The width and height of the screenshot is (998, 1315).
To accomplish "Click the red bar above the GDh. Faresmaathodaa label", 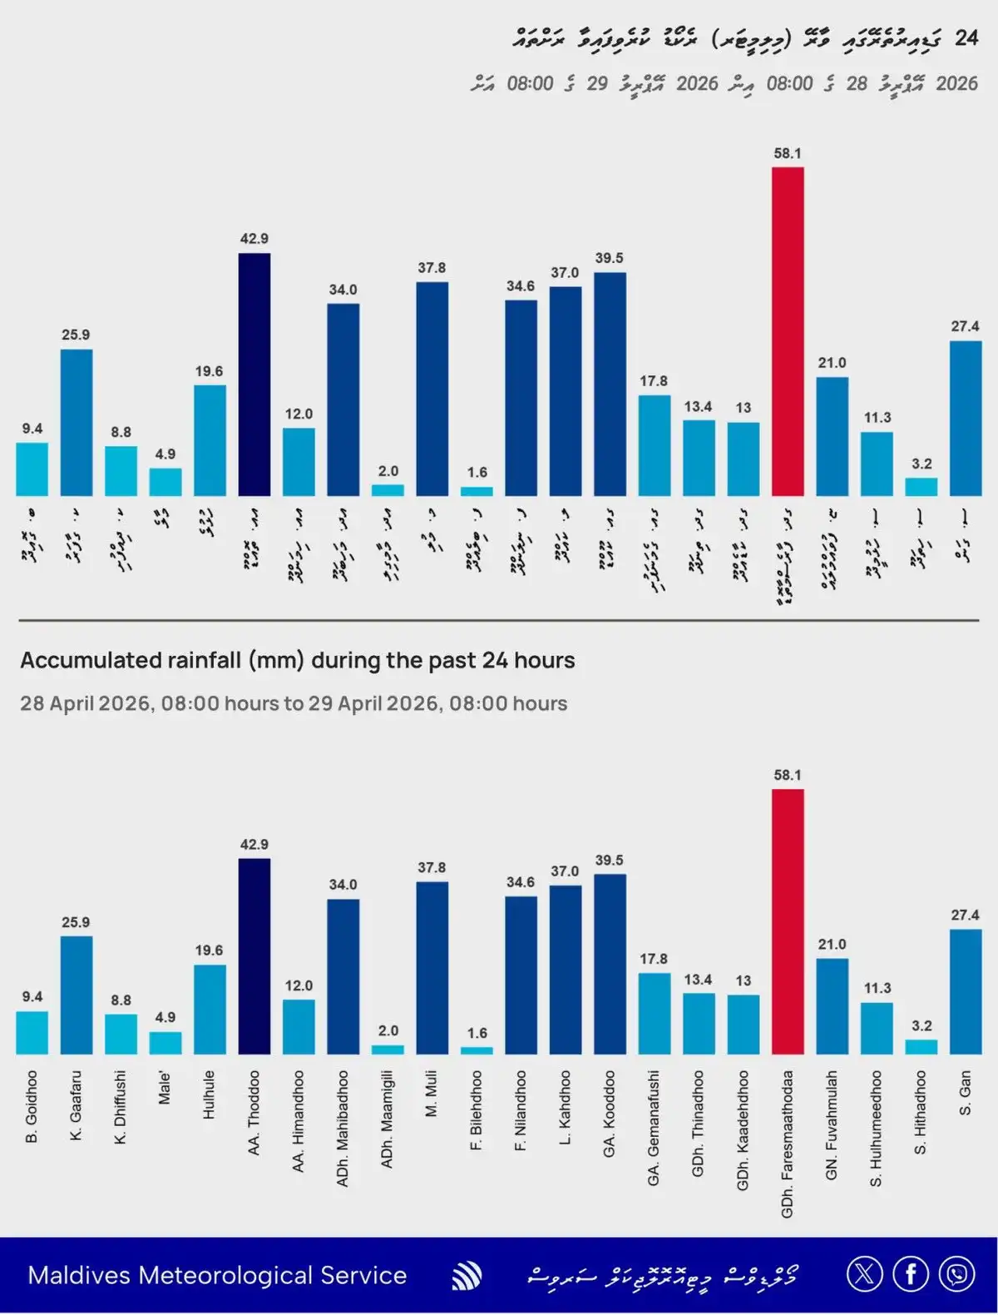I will click(x=788, y=921).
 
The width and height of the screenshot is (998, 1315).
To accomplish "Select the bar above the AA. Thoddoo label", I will click(x=254, y=956).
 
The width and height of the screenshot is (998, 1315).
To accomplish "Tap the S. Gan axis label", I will click(x=965, y=1093).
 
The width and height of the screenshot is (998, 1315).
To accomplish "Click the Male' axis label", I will click(x=165, y=1089).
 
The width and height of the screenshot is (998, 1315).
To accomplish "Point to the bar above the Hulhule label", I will click(x=210, y=1010).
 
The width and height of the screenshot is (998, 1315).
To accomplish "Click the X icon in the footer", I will click(x=864, y=1274).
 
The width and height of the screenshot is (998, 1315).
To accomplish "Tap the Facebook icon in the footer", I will click(x=911, y=1274).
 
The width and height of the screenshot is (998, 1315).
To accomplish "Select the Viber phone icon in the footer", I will click(x=957, y=1274).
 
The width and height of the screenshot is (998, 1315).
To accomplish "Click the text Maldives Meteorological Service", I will click(x=217, y=1275).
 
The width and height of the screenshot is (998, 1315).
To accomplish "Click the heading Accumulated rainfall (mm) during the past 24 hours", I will click(x=298, y=661).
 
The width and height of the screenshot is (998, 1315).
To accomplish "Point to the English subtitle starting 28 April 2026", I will click(x=294, y=703).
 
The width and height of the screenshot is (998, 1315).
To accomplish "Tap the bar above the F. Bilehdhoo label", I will click(x=477, y=1050).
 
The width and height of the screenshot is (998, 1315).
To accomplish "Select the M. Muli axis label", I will click(x=432, y=1094).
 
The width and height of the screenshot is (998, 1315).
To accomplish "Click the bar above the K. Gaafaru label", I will click(x=77, y=995).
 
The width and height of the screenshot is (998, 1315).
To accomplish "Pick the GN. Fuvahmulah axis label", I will click(x=832, y=1124).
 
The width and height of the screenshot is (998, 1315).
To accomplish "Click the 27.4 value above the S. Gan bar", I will click(x=965, y=915).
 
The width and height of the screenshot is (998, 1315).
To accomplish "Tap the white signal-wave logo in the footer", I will click(x=467, y=1275).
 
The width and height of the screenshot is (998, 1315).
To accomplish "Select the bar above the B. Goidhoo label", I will click(x=32, y=1033).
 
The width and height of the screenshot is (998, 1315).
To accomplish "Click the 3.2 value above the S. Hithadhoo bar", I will click(x=921, y=1026).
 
